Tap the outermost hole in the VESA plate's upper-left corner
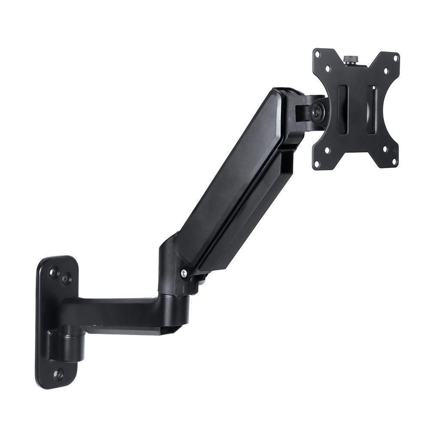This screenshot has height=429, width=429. pyautogui.click(x=318, y=54)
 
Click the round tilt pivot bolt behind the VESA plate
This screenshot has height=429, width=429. pyautogui.click(x=317, y=111)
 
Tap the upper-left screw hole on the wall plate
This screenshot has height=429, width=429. pyautogui.click(x=54, y=272)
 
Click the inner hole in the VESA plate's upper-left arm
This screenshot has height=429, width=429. pyautogui.click(x=328, y=68)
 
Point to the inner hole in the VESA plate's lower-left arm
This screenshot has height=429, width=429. pyautogui.click(x=328, y=151)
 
